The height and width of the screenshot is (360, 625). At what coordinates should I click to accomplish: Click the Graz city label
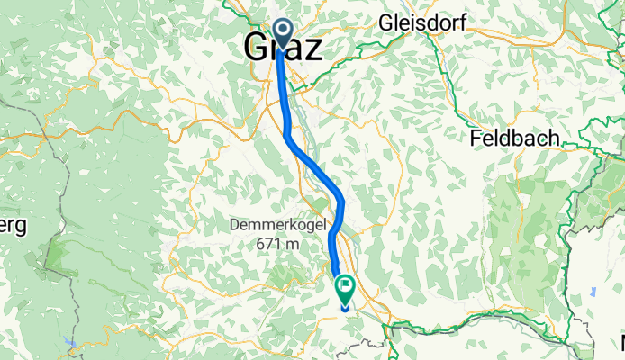(x=282, y=47)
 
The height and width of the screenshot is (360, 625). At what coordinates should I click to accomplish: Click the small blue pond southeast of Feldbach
(x=593, y=292)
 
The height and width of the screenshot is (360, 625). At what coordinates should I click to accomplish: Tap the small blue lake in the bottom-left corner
(x=68, y=342)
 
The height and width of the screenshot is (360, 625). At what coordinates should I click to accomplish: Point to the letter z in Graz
(x=309, y=49)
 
